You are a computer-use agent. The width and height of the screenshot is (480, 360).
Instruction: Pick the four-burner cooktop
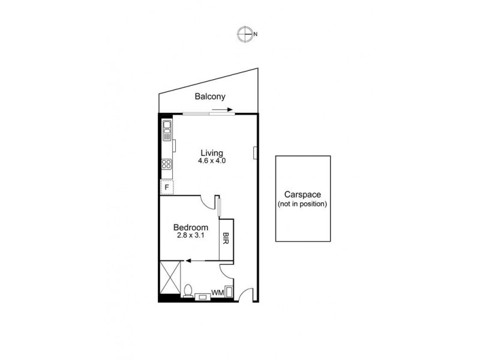coord(166,164)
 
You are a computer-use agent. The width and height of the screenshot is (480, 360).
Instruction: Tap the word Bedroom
coord(191,228)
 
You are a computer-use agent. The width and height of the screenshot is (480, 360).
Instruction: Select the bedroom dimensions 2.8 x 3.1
coord(191,237)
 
